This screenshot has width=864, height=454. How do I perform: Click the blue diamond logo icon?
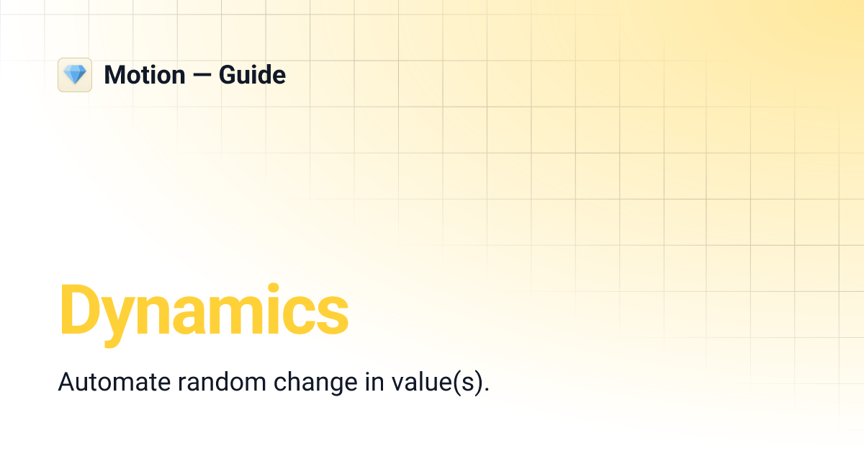[75, 75]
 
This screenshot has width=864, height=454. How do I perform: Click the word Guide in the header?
[252, 75]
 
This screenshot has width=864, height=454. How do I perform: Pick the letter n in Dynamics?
[157, 316]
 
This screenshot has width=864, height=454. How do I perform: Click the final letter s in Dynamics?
[334, 316]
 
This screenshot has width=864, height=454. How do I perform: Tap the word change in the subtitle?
[313, 382]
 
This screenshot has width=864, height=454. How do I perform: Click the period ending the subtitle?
[487, 389]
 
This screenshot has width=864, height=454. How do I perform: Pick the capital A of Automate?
[65, 382]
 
